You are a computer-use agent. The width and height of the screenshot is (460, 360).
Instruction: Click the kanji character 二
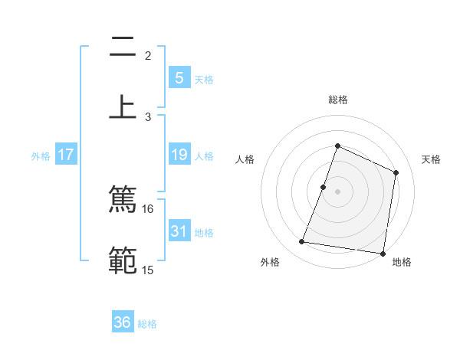[x=123, y=48]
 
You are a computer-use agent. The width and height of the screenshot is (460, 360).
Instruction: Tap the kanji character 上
[x=123, y=106]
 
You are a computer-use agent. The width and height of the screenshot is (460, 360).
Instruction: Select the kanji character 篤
[x=123, y=200]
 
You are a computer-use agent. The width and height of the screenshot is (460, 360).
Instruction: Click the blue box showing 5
[x=179, y=78]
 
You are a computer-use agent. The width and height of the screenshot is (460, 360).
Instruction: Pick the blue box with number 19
[x=179, y=155]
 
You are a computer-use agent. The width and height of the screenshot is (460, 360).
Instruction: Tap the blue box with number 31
[x=179, y=231]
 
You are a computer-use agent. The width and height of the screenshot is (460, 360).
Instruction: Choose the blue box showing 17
[x=66, y=155]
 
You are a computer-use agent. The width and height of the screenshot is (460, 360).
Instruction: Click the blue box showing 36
[x=123, y=322]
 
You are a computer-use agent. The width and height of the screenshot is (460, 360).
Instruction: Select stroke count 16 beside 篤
[x=148, y=208]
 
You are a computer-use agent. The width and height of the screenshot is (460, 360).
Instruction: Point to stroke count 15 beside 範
[x=148, y=270]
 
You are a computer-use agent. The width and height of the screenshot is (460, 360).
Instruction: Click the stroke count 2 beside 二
[x=148, y=56]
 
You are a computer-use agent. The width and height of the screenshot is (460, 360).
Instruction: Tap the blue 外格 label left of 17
[x=41, y=156]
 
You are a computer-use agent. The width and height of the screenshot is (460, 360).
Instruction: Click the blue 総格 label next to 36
[x=147, y=324]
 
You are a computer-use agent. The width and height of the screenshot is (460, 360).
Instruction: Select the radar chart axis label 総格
[x=337, y=100]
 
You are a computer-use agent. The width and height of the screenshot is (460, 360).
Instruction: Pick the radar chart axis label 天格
[x=431, y=159]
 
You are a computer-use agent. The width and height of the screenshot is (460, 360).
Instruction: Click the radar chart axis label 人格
[x=245, y=159]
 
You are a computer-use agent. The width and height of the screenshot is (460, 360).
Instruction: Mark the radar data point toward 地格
[x=383, y=253]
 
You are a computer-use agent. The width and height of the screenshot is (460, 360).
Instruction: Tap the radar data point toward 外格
[x=302, y=242]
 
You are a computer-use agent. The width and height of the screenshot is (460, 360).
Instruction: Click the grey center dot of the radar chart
[x=337, y=191]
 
